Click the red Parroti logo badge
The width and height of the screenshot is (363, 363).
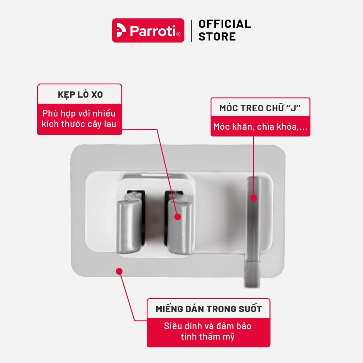[x=148, y=30]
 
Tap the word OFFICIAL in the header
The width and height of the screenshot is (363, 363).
[x=224, y=24]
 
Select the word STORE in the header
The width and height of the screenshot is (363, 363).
[x=217, y=37]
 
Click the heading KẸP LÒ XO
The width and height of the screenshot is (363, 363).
[x=80, y=95]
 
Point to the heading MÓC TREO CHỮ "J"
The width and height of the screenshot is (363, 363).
[x=260, y=108]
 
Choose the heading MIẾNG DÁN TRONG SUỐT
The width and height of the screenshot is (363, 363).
[x=208, y=309]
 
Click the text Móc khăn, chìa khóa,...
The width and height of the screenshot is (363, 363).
[x=260, y=127]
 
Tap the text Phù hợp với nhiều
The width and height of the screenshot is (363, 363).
[x=79, y=113]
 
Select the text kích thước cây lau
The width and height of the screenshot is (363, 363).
[x=79, y=124]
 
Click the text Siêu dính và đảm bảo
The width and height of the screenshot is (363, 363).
[x=208, y=326]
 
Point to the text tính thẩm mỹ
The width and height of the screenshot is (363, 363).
[x=208, y=337]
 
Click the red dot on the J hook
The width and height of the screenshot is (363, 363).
[x=253, y=198]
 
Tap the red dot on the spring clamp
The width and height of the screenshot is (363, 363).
[x=178, y=217]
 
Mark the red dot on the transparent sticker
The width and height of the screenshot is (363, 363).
[x=119, y=271]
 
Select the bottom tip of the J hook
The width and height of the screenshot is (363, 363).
[x=252, y=287]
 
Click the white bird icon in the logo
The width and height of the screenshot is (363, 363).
[x=121, y=30]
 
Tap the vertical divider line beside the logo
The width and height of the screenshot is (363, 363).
[x=191, y=31]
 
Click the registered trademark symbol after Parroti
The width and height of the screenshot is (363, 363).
[x=178, y=34]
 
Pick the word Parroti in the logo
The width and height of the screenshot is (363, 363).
[x=153, y=30]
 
